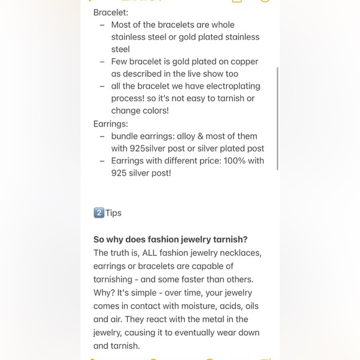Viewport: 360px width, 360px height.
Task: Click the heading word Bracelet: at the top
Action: [x=110, y=12]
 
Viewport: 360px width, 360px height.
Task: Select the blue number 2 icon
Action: [x=99, y=213]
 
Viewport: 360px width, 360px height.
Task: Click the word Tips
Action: [x=114, y=213]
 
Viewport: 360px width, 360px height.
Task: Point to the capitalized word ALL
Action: [x=150, y=253]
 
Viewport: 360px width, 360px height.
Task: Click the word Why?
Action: [x=104, y=292]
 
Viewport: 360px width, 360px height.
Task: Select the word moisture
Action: [x=204, y=306]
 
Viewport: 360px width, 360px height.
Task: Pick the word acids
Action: [x=245, y=306]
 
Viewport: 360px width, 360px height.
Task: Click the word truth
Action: [x=122, y=253]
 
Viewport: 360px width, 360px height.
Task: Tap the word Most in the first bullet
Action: [x=122, y=25]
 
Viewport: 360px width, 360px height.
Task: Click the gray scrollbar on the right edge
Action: [x=277, y=118]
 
